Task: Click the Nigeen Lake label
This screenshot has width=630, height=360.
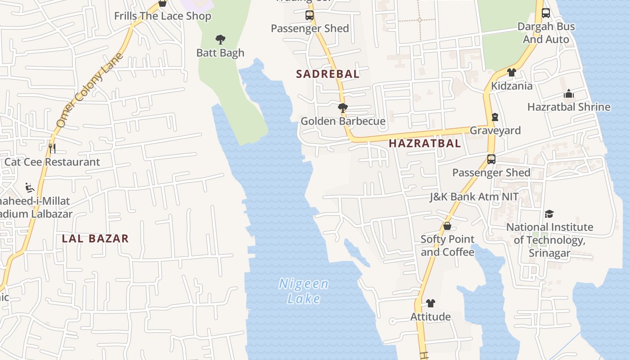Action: click(x=304, y=291)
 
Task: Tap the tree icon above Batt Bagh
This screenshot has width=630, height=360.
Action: click(x=220, y=40)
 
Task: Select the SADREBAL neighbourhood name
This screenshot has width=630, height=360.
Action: click(x=328, y=74)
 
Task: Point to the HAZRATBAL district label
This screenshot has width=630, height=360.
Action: click(x=424, y=144)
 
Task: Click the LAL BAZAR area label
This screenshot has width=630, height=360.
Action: click(x=95, y=238)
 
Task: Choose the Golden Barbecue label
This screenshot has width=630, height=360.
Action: click(x=343, y=121)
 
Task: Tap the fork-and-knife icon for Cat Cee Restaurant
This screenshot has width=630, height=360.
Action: click(x=52, y=148)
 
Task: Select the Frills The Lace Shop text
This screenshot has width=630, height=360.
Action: click(x=162, y=16)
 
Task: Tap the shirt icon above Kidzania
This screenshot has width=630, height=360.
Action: click(x=511, y=72)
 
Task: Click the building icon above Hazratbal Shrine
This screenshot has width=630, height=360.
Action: click(x=569, y=94)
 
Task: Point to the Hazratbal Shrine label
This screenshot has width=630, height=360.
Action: click(x=569, y=107)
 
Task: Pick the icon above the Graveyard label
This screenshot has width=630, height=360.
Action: click(x=495, y=117)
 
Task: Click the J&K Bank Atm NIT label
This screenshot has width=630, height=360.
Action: click(x=474, y=197)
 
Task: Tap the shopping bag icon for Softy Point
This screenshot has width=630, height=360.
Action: click(x=447, y=226)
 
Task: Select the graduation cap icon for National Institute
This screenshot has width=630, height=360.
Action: click(x=549, y=214)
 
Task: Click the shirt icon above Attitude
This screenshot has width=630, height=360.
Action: click(x=431, y=303)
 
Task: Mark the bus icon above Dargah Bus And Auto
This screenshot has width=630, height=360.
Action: click(x=546, y=13)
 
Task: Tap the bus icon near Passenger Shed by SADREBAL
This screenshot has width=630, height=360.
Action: click(x=310, y=15)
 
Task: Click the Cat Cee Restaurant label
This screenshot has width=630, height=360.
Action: click(x=52, y=162)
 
